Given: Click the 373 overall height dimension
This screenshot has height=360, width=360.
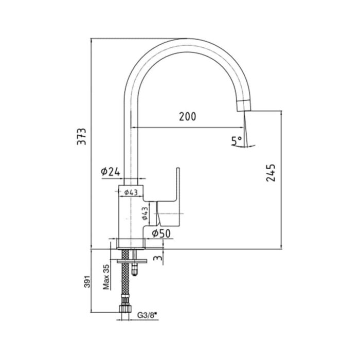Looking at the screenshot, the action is pyautogui.click(x=82, y=136).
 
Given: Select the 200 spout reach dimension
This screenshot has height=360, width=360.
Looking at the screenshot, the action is pyautogui.click(x=188, y=116).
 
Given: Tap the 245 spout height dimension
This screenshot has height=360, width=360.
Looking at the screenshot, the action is pyautogui.click(x=271, y=173).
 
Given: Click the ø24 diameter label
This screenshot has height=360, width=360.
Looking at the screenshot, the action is pyautogui.click(x=111, y=171).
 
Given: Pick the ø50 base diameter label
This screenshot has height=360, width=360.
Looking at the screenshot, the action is pyautogui.click(x=161, y=233).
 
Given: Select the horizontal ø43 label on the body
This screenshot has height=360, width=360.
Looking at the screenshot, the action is pyautogui.click(x=131, y=192).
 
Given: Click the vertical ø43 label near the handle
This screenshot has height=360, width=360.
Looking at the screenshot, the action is pyautogui.click(x=145, y=214).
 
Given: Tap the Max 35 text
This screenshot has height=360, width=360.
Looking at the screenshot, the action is pyautogui.click(x=106, y=277).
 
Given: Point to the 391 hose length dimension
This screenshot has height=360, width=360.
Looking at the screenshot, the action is pyautogui.click(x=87, y=281).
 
